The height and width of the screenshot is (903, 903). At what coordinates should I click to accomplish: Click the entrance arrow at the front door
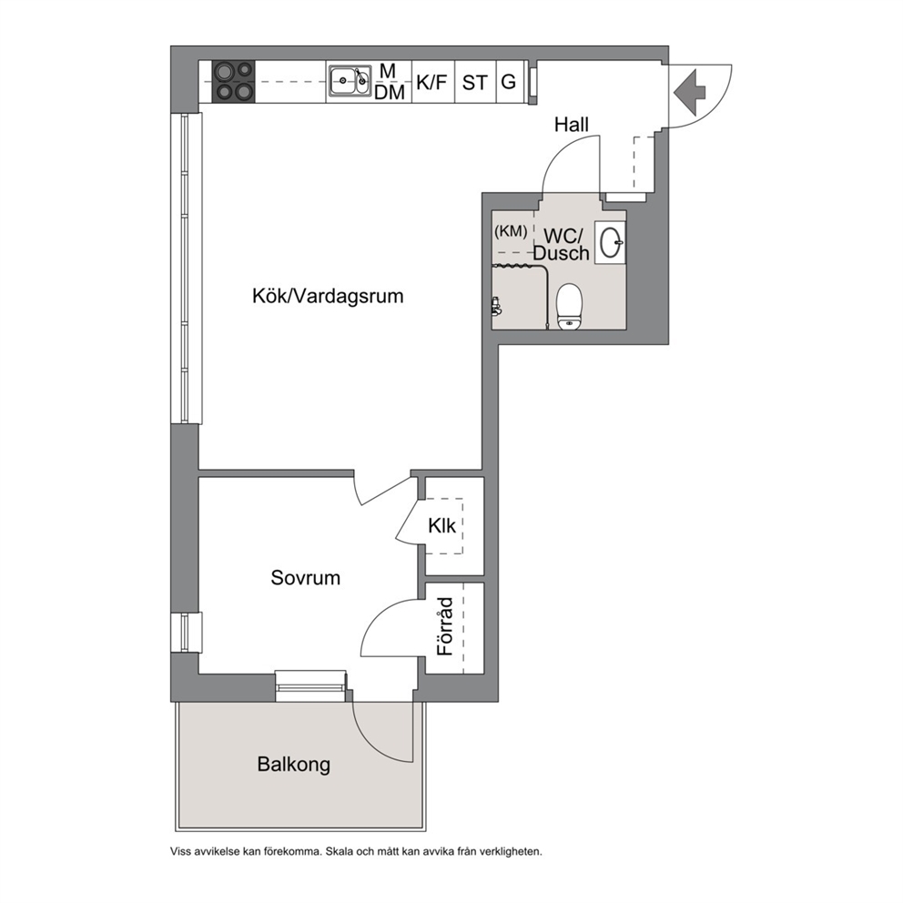(689, 92)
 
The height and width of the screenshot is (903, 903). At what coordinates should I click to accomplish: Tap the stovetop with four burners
(233, 82)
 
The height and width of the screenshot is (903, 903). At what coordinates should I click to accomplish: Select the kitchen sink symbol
(350, 81)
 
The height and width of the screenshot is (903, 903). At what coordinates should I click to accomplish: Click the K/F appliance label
(431, 82)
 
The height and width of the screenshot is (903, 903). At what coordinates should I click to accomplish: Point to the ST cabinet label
(474, 83)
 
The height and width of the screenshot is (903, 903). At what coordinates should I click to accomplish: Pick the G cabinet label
(508, 82)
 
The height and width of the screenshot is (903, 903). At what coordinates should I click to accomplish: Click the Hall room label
(572, 125)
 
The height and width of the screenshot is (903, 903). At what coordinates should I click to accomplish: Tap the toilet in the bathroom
(570, 306)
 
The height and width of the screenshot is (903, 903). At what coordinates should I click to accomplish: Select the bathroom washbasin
(610, 243)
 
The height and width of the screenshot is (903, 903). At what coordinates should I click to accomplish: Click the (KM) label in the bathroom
(511, 231)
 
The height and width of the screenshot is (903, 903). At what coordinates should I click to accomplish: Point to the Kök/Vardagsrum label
(328, 296)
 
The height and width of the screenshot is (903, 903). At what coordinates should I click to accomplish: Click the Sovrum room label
(305, 578)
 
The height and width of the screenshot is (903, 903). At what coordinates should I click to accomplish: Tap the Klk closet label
(441, 525)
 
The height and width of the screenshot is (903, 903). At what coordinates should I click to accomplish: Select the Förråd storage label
(445, 626)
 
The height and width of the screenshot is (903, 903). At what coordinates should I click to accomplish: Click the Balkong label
(294, 765)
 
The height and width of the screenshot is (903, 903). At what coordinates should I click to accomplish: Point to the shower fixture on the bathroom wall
(495, 305)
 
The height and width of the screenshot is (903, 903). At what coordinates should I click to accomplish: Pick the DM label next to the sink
(390, 92)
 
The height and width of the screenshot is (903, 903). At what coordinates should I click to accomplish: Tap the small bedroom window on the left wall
(186, 633)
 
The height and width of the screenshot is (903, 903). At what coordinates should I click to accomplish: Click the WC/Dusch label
(561, 244)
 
